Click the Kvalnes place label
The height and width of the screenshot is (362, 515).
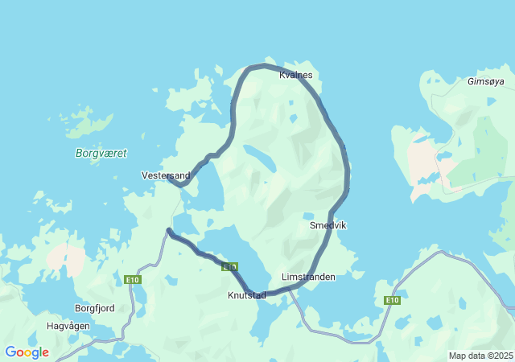pyautogui.click(x=295, y=76)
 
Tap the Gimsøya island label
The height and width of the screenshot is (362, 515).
pyautogui.click(x=485, y=81)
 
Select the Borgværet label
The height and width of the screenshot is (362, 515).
pyautogui.click(x=101, y=153)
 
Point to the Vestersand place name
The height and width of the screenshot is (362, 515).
pyautogui.click(x=166, y=175)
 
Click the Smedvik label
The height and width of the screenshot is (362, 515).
pyautogui.click(x=328, y=226)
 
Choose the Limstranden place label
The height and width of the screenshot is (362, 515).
pyautogui.click(x=308, y=277)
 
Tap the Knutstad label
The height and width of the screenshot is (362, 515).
pyautogui.click(x=246, y=295)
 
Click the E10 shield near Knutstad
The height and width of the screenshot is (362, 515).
pyautogui.click(x=231, y=266)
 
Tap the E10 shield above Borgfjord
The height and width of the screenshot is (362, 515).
pyautogui.click(x=133, y=279)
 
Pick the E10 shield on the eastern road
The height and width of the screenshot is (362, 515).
pyautogui.click(x=392, y=300)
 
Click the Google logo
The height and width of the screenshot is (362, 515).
pyautogui.click(x=27, y=352)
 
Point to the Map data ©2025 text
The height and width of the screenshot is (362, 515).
pyautogui.click(x=480, y=356)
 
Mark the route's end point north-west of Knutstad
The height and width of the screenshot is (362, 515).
pyautogui.click(x=168, y=231)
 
